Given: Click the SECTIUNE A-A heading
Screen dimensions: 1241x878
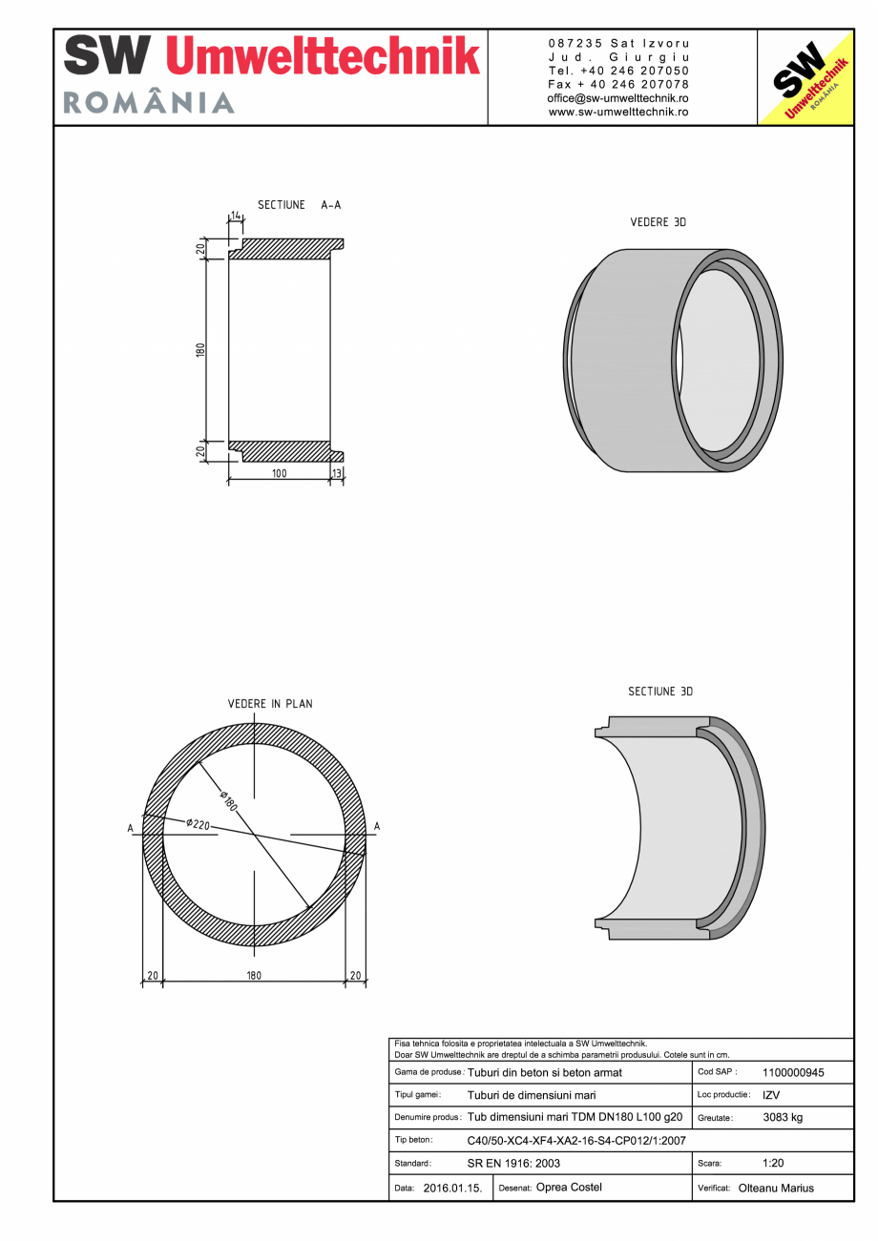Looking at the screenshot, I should pos(299,205).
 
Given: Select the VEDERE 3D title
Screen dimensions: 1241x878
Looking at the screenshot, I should pos(658,222).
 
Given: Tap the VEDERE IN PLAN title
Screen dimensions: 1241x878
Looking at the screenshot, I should pos(269,704).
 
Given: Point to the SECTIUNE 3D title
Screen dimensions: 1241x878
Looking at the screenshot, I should pos(659,692).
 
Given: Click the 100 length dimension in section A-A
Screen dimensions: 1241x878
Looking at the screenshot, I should pos(279,473).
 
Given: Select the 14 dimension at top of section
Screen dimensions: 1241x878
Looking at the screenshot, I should pos(237,217).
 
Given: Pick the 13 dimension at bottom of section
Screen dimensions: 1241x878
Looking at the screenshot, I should pos(336,473).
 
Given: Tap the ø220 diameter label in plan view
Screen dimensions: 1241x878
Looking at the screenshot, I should pos(198,823).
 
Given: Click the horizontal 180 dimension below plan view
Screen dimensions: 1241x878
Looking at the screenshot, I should pos(254,976).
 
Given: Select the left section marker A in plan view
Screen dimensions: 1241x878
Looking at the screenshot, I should pos(131,828).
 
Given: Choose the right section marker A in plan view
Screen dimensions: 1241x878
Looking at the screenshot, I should pos(377,826).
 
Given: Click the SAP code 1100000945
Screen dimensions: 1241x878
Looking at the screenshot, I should pos(793,1072).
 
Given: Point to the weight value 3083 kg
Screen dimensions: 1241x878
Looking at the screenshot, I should pos(783,1117).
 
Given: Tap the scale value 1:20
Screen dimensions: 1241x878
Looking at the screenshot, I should pos(774,1164).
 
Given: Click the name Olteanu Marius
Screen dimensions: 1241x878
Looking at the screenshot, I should pos(776,1189).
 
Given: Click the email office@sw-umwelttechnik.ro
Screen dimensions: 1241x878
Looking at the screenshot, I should pos(617,98).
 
